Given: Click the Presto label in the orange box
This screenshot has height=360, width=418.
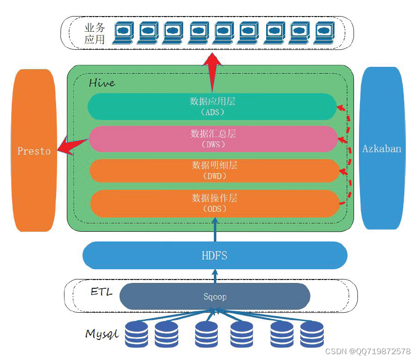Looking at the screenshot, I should (x=34, y=151).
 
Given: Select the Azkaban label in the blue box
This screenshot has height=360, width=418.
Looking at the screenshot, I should (x=381, y=149).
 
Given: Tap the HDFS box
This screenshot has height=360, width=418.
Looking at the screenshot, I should (x=214, y=255).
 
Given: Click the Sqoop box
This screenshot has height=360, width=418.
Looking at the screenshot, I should (x=214, y=296).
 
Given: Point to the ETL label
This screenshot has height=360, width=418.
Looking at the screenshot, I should (x=102, y=292).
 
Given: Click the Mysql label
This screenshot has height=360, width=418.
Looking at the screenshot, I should (x=102, y=334).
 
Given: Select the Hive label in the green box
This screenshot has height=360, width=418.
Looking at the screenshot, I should (x=102, y=82).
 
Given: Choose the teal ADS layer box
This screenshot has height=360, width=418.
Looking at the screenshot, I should (x=212, y=106).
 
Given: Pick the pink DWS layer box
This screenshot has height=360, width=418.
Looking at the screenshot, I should (x=212, y=139).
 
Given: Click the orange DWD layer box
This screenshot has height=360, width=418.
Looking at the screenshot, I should (x=214, y=171).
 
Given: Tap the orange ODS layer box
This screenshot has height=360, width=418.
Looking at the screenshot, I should (x=214, y=203).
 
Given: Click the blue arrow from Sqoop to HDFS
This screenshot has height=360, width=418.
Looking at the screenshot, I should (x=214, y=276).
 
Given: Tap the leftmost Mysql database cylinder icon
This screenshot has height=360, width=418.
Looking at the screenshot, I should (x=136, y=334).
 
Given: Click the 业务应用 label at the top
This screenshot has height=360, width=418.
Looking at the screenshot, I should (x=94, y=33).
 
